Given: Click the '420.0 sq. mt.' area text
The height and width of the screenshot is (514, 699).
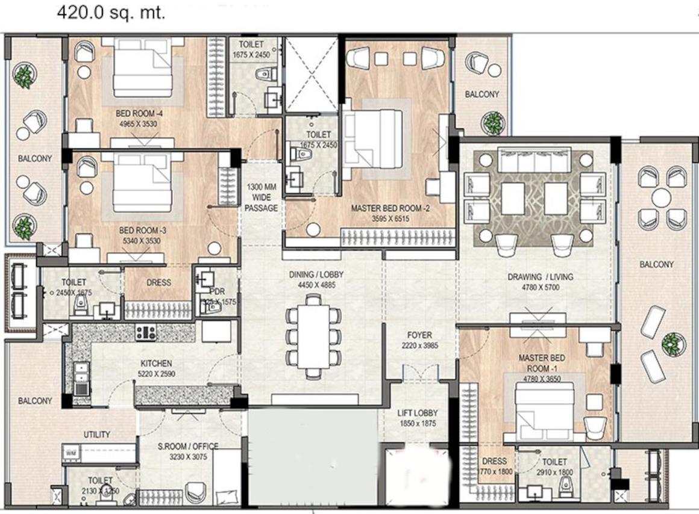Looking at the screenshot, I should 111,13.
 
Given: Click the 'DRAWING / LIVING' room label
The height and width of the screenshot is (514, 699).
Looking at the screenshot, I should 540,277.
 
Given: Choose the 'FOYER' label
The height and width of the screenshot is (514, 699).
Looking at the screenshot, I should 419,335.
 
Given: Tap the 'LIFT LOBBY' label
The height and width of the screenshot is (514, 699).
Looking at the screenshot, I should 418,413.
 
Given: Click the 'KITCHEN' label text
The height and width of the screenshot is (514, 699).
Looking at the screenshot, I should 156,364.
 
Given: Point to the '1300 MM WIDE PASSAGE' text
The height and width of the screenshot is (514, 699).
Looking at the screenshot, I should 262,197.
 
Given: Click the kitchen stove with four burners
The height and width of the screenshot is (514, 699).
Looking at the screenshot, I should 146,332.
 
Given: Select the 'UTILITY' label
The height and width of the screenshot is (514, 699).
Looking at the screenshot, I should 96,435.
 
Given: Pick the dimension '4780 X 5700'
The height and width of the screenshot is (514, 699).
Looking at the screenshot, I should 540,288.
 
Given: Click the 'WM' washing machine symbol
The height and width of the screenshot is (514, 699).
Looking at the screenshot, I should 70,453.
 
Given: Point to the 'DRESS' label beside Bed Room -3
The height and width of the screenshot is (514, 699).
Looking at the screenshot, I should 159,282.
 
